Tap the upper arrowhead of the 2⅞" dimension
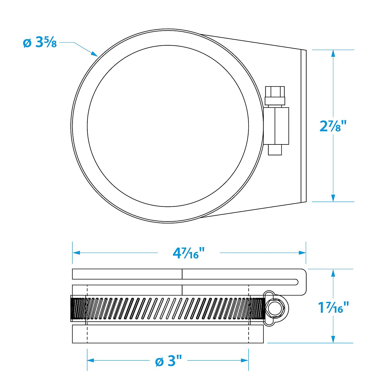(333, 54)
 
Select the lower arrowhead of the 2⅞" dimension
(333, 198)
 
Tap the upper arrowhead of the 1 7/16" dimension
(333, 273)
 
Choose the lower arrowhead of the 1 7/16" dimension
(333, 339)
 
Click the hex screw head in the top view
(275, 96)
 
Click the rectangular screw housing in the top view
(276, 126)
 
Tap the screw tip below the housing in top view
(275, 150)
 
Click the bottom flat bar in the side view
(168, 334)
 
